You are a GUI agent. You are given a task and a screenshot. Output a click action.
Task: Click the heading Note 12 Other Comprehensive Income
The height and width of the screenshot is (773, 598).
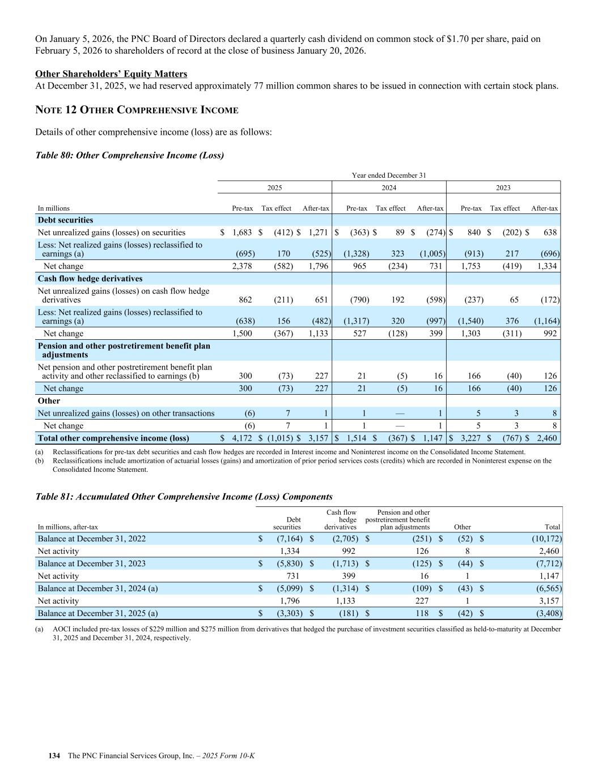(137, 110)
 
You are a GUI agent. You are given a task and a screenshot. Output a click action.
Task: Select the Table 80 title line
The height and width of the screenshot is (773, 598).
(129, 155)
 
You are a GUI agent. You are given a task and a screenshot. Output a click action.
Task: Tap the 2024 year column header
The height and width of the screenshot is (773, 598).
(389, 187)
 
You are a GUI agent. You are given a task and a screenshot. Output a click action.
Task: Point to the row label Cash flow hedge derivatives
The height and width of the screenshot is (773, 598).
(90, 279)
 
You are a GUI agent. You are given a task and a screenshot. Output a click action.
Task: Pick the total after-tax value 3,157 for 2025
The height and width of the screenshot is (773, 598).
(316, 438)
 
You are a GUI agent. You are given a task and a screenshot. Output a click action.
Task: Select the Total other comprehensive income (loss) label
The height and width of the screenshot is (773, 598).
(113, 438)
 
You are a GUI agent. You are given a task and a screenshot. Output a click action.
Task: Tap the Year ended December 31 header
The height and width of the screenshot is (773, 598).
(389, 176)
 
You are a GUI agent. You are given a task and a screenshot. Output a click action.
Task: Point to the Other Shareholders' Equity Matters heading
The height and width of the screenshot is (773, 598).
(111, 74)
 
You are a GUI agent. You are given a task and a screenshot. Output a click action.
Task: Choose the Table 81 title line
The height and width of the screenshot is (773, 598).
(184, 497)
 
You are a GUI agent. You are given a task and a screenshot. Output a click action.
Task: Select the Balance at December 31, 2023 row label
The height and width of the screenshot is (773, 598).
(91, 563)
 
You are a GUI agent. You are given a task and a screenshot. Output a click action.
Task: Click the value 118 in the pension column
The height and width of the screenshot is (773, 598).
(422, 613)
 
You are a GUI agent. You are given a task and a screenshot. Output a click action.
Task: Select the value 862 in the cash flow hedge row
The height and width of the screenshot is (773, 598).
(245, 300)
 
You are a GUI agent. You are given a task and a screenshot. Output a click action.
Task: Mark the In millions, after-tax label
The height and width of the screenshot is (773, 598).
(67, 527)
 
